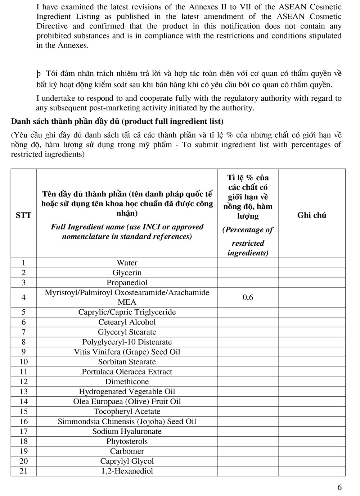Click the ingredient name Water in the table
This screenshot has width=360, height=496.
127,263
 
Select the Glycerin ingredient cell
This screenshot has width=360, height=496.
127,273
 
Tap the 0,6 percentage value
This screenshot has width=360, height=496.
248,297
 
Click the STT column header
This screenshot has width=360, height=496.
23,215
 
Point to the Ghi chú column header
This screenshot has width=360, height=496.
311,215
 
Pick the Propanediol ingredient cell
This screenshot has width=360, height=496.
127,283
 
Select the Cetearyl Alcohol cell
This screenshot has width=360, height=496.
127,322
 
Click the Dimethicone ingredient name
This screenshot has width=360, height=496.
127,382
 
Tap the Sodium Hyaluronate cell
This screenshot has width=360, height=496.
127,431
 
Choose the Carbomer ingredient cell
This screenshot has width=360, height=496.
127,451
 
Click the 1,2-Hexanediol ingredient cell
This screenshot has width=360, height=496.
127,471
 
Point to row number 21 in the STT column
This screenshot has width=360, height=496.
23,471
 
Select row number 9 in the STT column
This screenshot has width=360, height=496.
23,352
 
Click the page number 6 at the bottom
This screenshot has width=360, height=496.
339,487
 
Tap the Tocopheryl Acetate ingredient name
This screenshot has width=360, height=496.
127,411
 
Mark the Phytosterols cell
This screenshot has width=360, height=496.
127,441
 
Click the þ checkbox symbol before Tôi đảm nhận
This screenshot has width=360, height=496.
39,74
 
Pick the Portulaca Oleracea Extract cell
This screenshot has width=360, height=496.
127,372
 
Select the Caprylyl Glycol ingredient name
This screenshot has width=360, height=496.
127,461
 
